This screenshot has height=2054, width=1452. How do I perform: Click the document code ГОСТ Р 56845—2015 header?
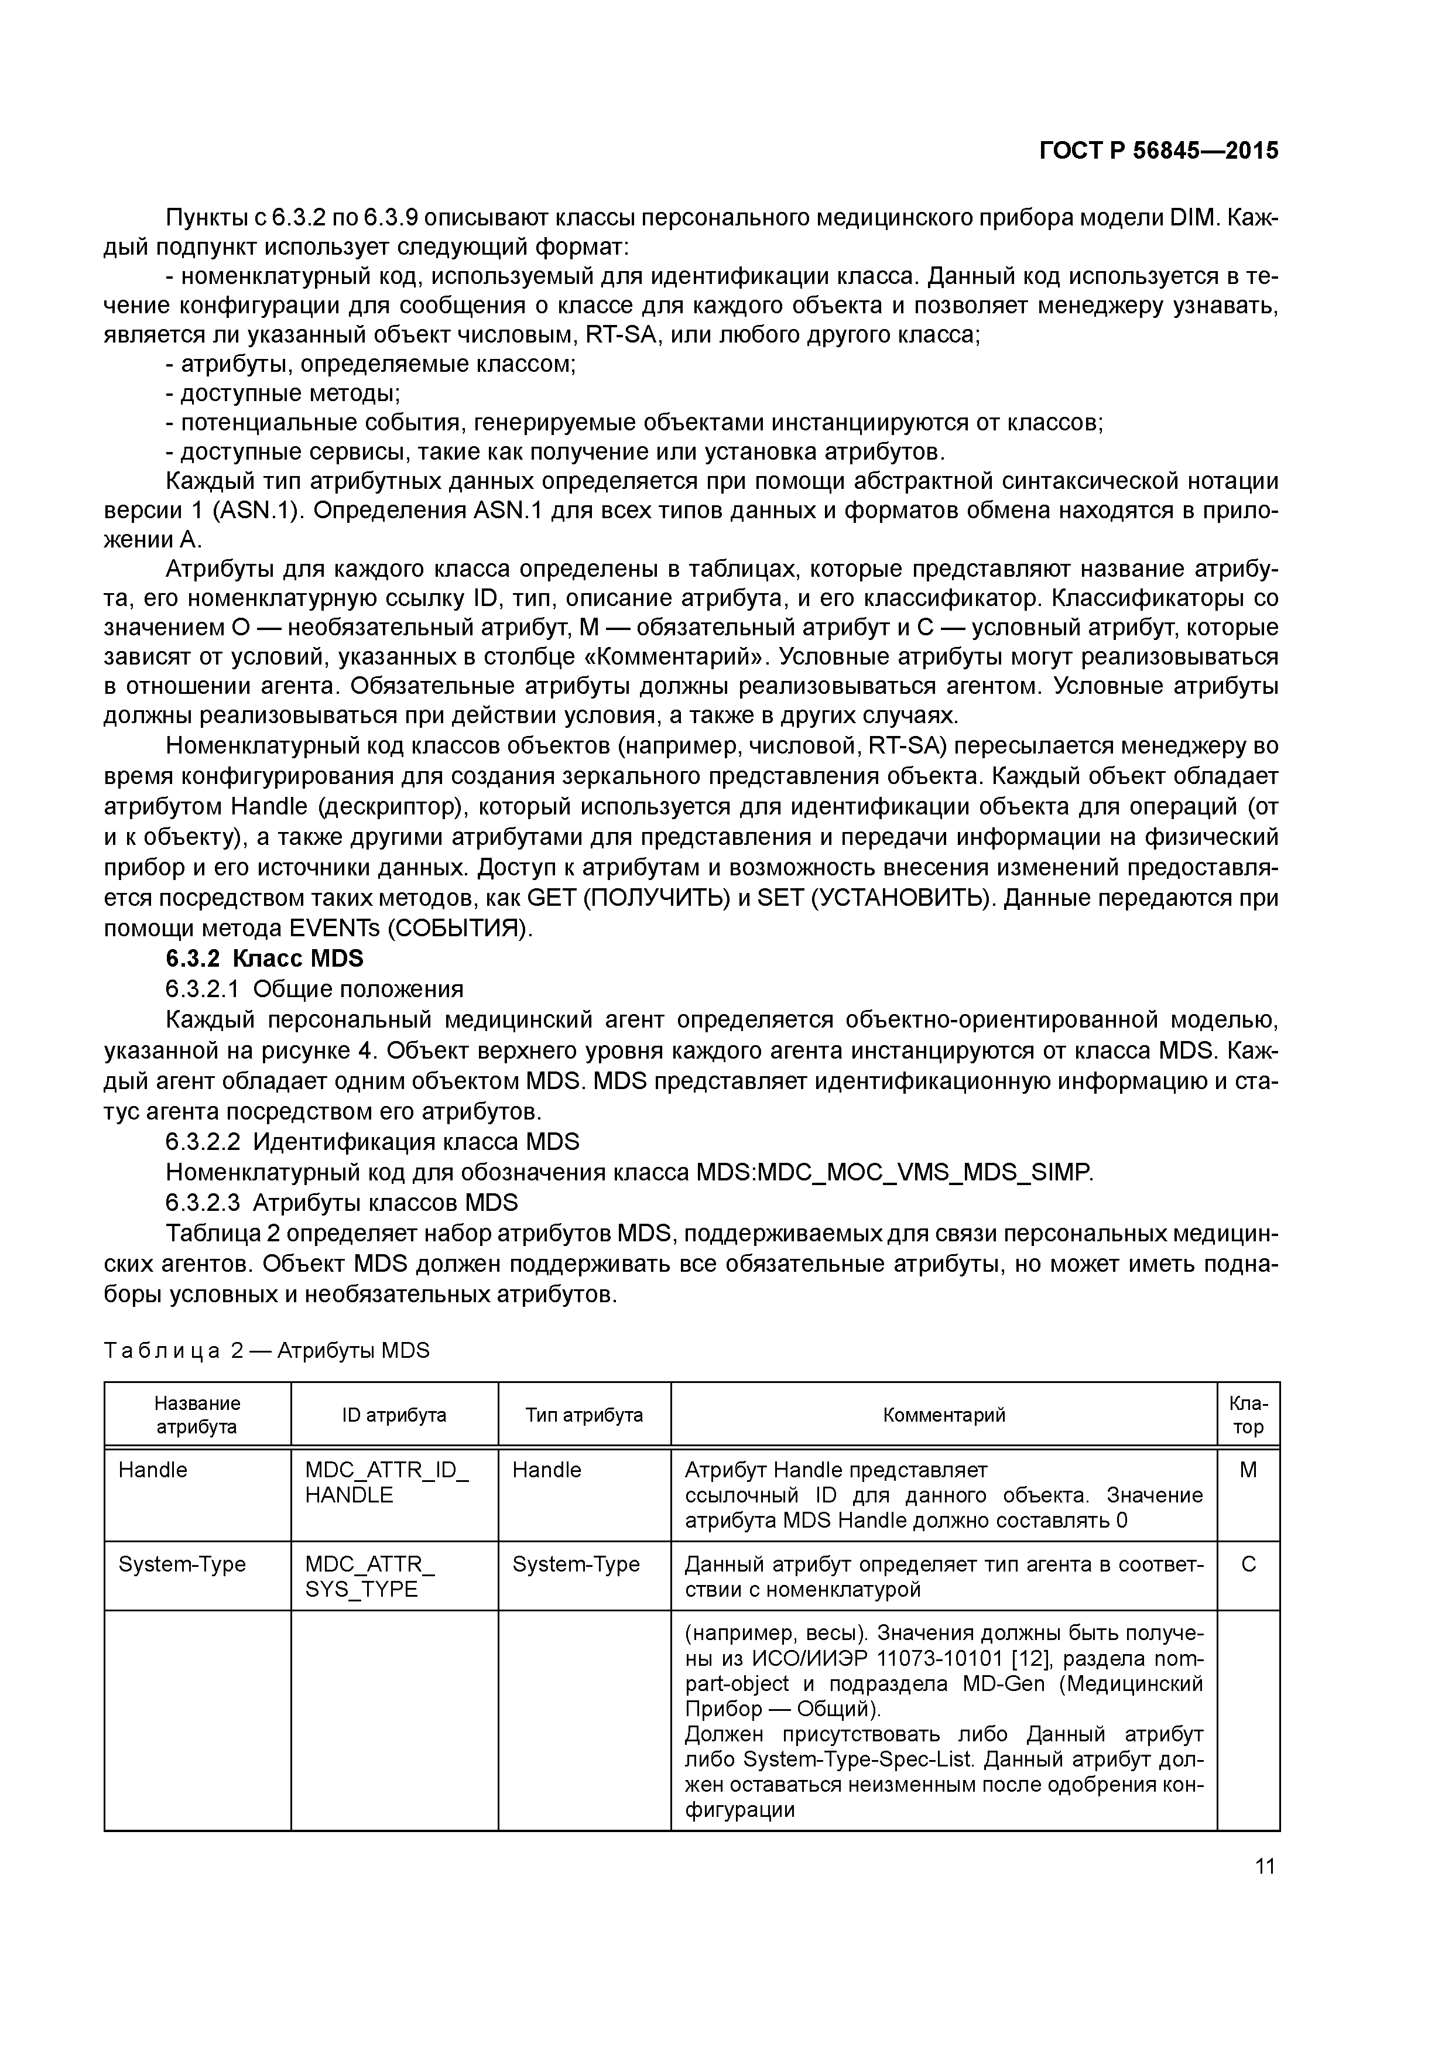pos(1159,151)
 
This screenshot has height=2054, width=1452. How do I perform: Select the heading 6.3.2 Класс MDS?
pos(265,958)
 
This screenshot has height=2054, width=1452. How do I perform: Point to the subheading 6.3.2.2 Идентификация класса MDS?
pos(372,1142)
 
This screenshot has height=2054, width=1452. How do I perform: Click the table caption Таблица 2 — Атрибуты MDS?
pos(266,1350)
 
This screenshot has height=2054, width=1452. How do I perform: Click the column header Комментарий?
pos(943,1415)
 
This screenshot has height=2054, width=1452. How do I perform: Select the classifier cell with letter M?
pos(1248,1471)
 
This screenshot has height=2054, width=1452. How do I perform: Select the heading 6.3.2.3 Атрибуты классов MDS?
pos(342,1201)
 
